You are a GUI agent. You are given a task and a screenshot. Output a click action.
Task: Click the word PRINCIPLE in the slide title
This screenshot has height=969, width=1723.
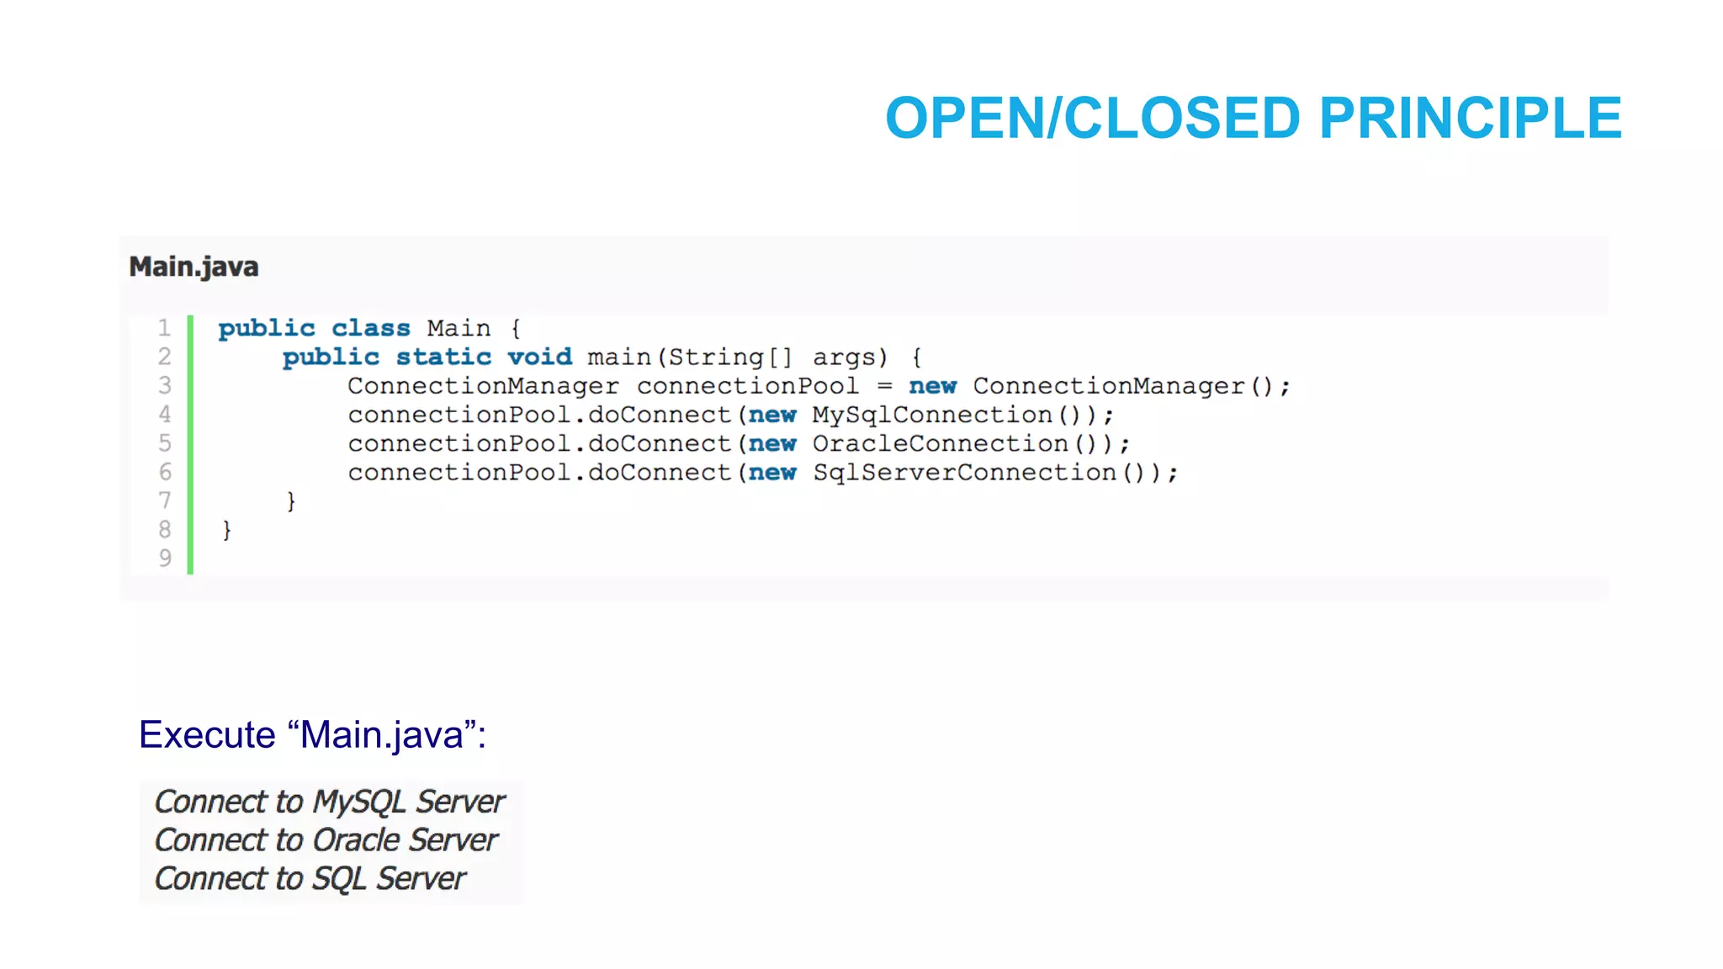pos(1470,118)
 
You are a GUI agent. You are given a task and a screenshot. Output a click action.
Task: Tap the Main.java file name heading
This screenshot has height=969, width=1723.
pos(194,267)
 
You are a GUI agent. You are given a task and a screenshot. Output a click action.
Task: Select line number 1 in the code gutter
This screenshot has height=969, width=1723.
pos(164,327)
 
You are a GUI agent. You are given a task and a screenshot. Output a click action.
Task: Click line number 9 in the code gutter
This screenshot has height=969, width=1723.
pos(165,558)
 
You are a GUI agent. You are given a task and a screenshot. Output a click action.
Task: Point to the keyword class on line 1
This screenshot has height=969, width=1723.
pos(370,328)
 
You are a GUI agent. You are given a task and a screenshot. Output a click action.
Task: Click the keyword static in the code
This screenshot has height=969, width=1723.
pos(443,357)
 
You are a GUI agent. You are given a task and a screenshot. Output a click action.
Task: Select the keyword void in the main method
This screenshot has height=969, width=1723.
pos(539,357)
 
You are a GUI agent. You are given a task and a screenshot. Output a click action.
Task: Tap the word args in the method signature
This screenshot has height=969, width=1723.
pos(849,357)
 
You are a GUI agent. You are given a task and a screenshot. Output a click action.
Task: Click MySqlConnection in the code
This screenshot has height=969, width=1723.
pos(931,415)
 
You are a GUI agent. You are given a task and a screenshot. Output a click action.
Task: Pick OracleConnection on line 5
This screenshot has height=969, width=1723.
pos(940,443)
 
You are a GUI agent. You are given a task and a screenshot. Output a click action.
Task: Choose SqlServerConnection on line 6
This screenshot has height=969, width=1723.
pos(964,473)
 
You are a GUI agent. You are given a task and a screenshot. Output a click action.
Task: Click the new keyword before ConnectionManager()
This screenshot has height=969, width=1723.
pos(932,386)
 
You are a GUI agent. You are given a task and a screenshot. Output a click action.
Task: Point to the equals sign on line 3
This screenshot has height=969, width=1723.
pos(884,386)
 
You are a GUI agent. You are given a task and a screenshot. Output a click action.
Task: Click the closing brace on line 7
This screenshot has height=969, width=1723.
pos(291,501)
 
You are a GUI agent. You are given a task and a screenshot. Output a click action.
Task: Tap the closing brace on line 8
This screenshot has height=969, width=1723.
pos(226,530)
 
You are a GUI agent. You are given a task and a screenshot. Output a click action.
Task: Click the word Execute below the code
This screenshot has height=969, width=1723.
pos(207,734)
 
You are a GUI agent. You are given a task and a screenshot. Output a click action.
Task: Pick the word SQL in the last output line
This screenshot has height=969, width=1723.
pos(339,879)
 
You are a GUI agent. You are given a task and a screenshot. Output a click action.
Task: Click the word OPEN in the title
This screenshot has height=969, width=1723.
pos(962,118)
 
